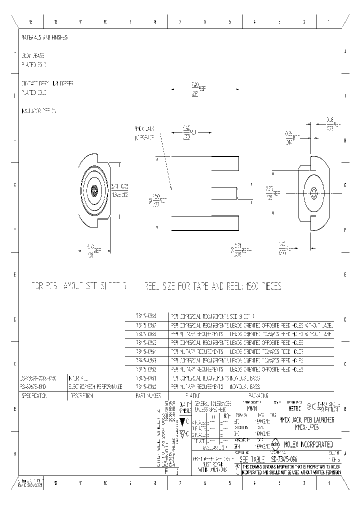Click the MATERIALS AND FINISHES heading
[x=44, y=37]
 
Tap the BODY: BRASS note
[x=33, y=57]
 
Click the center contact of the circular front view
[x=94, y=190]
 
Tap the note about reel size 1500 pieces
[x=213, y=287]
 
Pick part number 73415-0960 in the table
[x=146, y=387]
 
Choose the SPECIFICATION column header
[x=34, y=395]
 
